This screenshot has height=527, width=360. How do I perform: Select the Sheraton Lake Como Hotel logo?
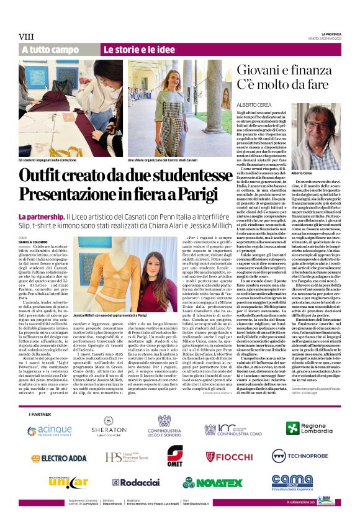click(109, 429)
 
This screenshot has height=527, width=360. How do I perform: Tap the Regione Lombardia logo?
click(308, 428)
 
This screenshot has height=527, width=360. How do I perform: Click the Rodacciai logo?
click(135, 482)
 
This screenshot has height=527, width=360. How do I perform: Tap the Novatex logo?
click(214, 482)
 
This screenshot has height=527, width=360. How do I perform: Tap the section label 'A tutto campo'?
click(50, 49)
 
